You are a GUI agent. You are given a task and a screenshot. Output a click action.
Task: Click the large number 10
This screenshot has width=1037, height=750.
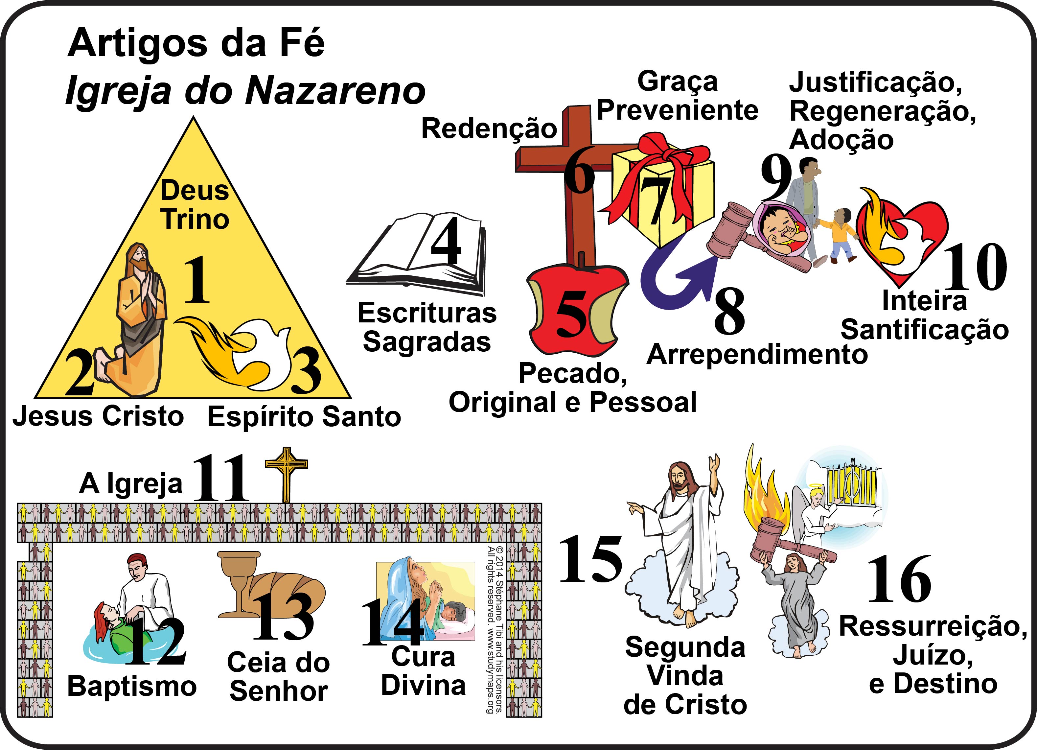click(975, 268)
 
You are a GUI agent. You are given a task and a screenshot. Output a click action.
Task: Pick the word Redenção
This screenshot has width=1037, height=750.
click(489, 129)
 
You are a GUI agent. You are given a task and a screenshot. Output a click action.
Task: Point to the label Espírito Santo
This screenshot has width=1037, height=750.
click(304, 417)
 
